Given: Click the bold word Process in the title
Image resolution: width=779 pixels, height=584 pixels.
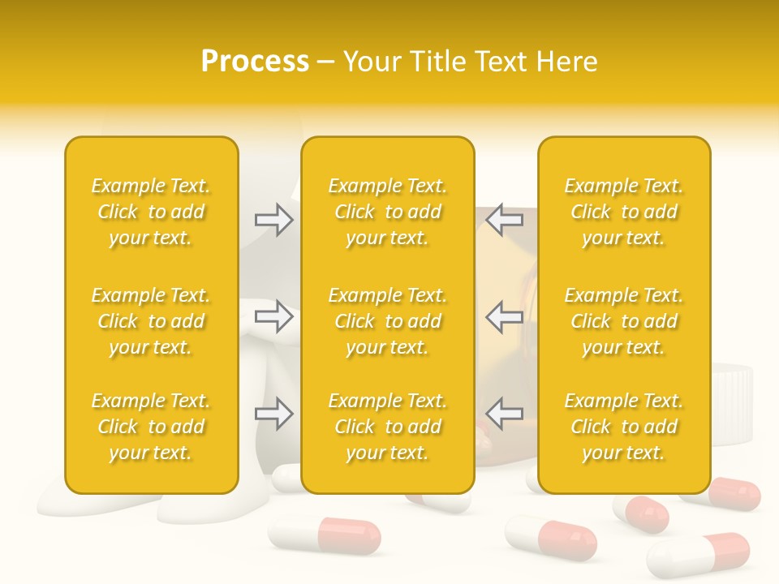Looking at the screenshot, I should point(255,62).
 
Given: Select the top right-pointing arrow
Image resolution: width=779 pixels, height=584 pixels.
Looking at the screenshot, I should point(274,220).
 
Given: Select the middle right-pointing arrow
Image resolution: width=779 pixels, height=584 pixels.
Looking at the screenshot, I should point(274,316).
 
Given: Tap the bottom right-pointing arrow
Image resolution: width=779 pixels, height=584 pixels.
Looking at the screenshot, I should point(274,414).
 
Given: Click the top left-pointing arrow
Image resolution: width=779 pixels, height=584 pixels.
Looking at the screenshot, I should point(504,220).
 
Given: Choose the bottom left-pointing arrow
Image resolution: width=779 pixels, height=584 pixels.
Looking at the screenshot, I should point(504,414).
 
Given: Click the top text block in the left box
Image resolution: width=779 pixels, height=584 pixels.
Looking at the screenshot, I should point(151,212).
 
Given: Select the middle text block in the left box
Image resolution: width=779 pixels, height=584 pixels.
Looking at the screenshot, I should point(151,321).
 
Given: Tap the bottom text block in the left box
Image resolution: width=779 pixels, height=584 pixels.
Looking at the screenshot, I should point(151,427).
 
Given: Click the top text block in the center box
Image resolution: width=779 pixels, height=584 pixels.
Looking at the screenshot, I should point(388,212).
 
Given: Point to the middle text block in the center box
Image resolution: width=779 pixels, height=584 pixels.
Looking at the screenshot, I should point(388,321).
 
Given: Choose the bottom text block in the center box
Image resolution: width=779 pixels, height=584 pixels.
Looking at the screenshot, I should point(388,427).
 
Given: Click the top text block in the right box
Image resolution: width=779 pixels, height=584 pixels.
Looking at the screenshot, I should point(624,212).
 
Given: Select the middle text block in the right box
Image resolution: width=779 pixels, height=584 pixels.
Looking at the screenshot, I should point(624,321).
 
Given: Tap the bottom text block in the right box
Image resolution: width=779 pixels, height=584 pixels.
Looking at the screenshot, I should point(624,427).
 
